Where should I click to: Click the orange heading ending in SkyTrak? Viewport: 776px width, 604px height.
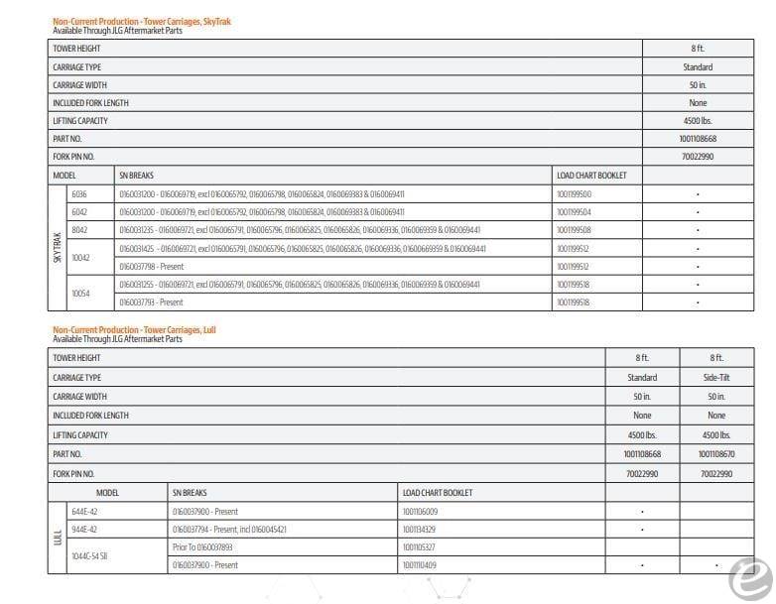tap(141, 21)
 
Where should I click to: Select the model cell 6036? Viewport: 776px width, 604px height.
tap(79, 194)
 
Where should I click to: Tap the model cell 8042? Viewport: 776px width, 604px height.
tap(79, 230)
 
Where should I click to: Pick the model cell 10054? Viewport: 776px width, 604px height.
tap(81, 294)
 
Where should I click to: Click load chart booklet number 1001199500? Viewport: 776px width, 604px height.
tap(574, 194)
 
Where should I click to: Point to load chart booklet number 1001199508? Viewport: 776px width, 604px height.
tap(574, 230)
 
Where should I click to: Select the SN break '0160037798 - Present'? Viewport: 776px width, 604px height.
tap(151, 267)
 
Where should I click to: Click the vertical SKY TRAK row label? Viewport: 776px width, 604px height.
tap(57, 248)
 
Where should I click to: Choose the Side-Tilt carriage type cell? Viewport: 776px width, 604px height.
tap(716, 378)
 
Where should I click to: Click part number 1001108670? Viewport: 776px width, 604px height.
tap(716, 453)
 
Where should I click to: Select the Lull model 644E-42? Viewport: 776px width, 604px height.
tap(86, 512)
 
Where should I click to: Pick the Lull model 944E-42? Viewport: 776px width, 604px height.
tap(86, 530)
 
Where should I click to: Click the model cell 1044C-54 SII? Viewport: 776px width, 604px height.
tap(89, 556)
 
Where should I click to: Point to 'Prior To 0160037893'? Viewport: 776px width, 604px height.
tap(202, 546)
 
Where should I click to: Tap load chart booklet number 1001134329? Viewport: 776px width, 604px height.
tap(420, 530)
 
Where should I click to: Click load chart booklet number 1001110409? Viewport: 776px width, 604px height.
tap(420, 565)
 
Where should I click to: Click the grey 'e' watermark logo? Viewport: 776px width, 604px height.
tap(743, 576)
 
